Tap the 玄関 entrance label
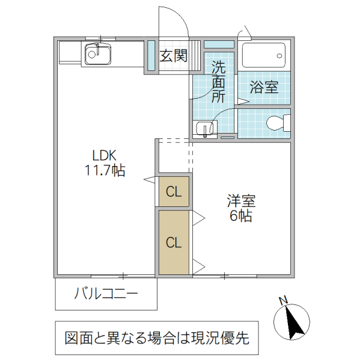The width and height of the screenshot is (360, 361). tap(173, 56)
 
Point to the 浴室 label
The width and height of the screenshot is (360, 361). tap(264, 88)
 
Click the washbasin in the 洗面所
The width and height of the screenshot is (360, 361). tap(206, 128)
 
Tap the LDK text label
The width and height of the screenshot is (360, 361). tap(104, 155)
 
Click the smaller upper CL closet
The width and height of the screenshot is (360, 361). tap(174, 192)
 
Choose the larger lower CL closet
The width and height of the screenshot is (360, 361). tap(174, 242)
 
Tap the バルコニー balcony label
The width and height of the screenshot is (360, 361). tap(106, 294)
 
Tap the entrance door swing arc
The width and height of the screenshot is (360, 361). tap(180, 21)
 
